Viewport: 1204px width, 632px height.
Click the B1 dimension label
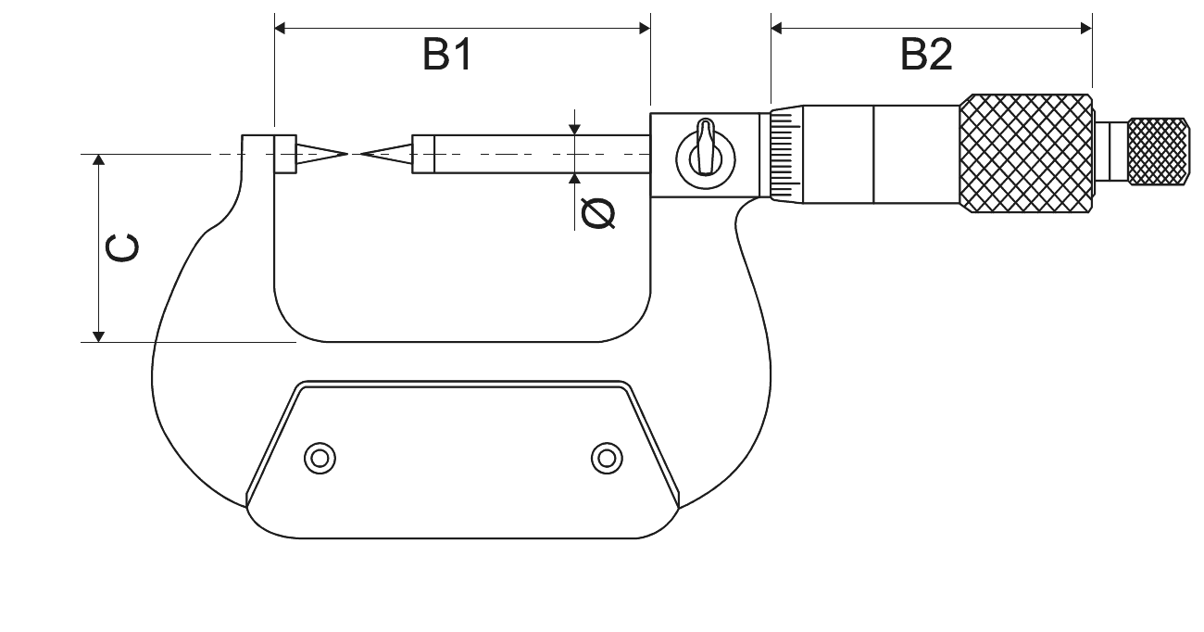tap(447, 54)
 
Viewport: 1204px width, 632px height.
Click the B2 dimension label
tap(926, 54)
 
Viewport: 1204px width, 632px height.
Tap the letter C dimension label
tap(122, 248)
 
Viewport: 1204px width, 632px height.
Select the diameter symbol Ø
tap(598, 213)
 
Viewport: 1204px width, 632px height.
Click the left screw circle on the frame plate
tap(320, 459)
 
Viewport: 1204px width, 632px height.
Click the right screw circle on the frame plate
tap(607, 459)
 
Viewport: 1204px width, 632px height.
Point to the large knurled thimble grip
tap(1026, 154)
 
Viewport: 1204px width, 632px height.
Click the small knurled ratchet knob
tap(1159, 152)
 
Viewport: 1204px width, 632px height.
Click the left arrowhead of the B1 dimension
tap(280, 28)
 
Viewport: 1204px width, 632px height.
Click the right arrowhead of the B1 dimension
tap(645, 28)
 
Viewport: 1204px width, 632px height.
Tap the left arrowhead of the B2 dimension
tap(776, 28)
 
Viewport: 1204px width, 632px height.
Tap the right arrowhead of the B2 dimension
tap(1086, 28)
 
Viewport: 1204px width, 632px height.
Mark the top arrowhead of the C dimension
tap(98, 159)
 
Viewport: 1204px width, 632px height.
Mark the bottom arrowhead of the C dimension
tap(98, 336)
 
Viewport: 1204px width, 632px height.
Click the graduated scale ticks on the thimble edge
tap(785, 155)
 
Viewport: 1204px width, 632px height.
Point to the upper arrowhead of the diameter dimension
tap(574, 129)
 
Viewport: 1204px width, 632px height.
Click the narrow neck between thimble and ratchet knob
tap(1111, 152)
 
